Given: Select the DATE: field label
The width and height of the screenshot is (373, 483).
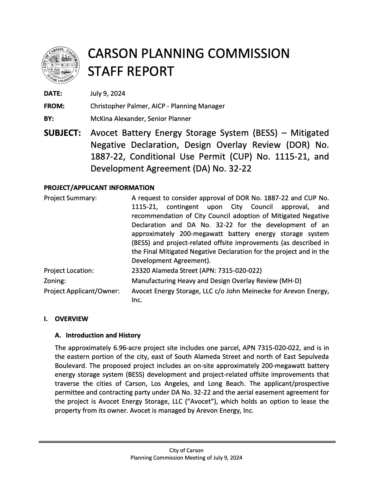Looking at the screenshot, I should (x=53, y=94).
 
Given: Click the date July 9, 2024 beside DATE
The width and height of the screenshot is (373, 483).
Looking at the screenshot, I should (x=108, y=94).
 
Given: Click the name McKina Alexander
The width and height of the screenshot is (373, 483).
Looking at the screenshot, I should (x=118, y=119).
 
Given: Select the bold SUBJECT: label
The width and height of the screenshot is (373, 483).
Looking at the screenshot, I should (x=62, y=133).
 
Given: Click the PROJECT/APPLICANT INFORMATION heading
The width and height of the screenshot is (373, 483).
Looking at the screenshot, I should (x=99, y=188).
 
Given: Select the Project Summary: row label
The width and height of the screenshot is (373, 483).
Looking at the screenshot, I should (x=70, y=198).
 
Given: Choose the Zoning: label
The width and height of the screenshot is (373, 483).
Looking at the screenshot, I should (x=55, y=281).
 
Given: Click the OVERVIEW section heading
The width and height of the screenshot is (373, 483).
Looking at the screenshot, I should (x=71, y=319).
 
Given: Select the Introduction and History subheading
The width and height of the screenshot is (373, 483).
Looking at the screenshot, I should (x=103, y=335).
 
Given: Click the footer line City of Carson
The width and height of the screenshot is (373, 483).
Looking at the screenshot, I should (x=186, y=450).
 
